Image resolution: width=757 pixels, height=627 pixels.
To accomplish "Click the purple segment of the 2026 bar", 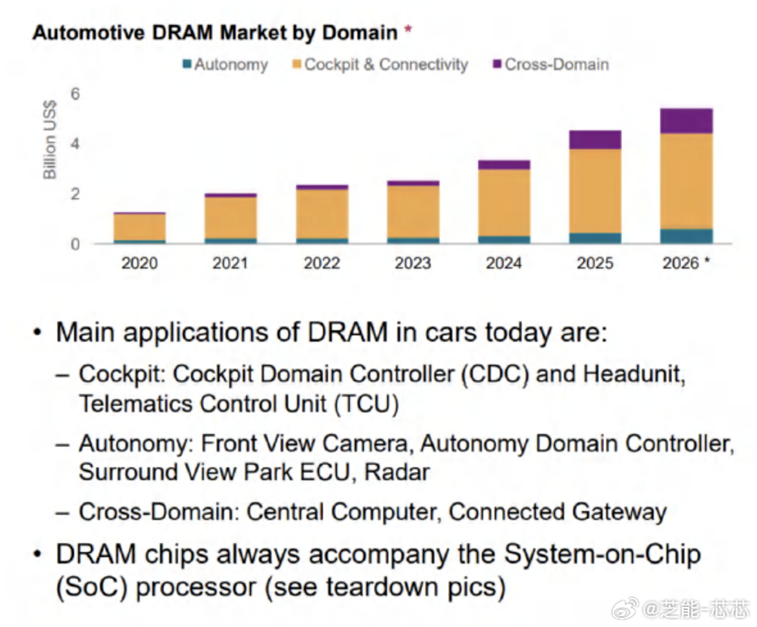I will pos(686,121).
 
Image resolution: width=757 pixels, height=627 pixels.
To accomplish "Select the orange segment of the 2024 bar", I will pos(504,202).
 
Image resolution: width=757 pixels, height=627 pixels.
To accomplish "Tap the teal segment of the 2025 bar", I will pos(595,238).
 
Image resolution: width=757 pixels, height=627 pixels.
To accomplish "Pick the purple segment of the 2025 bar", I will pos(595,140).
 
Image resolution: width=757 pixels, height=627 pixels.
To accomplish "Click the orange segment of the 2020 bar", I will pos(139,227).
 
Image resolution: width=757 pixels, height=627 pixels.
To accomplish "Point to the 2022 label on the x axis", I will pos(321,263).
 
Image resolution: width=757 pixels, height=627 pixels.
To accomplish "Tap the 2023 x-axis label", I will pos(412,263).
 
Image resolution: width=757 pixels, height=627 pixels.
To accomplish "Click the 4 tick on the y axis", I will pos(76,144).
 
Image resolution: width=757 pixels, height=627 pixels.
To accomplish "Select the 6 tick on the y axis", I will pos(76,93).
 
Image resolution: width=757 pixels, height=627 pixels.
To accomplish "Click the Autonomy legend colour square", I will pos(187,65).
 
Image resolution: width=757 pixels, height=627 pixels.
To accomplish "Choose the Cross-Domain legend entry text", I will pos(556,65).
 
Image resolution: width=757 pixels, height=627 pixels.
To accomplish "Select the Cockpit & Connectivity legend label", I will pos(386,65).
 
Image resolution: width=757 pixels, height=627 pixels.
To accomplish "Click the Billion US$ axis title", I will pos(50,139).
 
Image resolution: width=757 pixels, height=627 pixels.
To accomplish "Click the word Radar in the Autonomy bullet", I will pos(397,471).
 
